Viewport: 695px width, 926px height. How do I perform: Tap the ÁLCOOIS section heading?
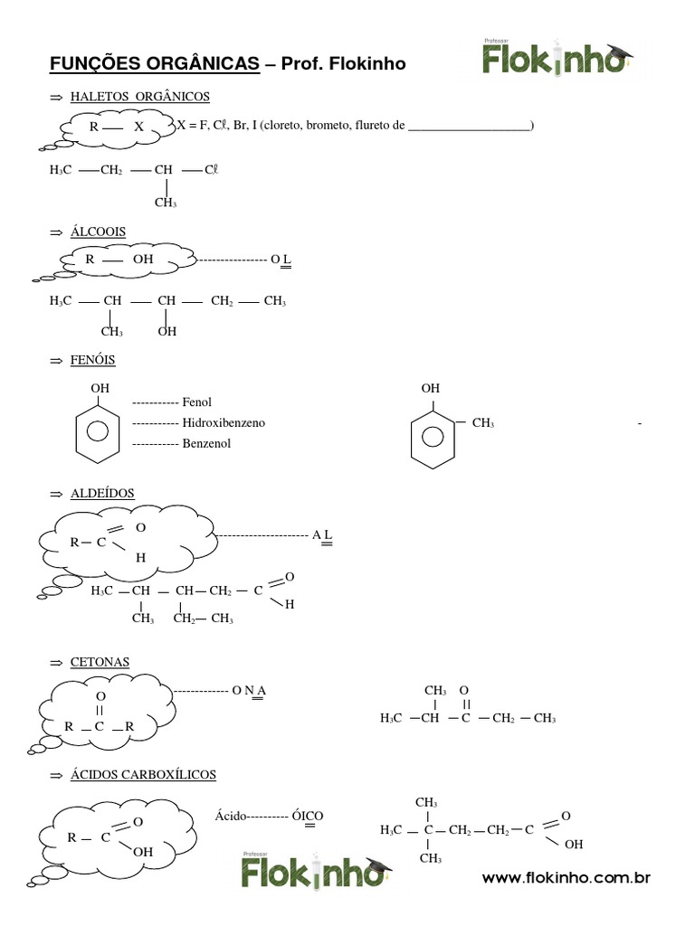pyautogui.click(x=98, y=232)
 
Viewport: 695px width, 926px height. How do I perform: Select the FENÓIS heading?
pyautogui.click(x=92, y=361)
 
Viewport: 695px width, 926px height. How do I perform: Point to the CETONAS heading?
pyautogui.click(x=100, y=662)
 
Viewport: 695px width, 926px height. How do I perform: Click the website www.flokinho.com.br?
pyautogui.click(x=566, y=878)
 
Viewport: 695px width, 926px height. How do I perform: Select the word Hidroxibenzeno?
pyautogui.click(x=224, y=422)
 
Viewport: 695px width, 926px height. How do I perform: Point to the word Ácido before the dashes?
pyautogui.click(x=230, y=815)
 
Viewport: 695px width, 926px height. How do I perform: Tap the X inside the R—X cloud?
pyautogui.click(x=138, y=128)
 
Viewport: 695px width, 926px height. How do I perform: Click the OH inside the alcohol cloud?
pyautogui.click(x=143, y=260)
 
